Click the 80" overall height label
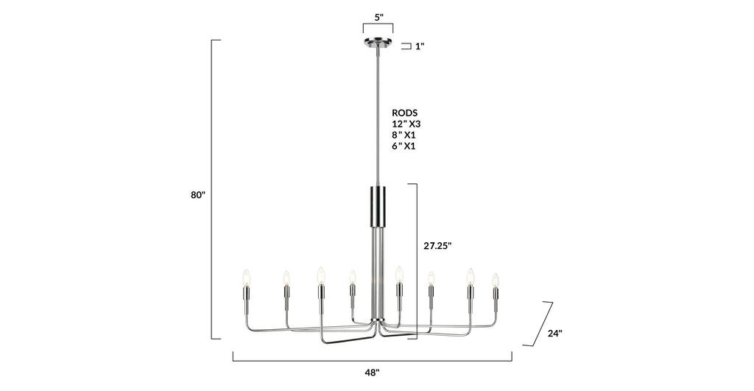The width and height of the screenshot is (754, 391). pyautogui.click(x=198, y=195)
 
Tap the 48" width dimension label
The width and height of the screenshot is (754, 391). pyautogui.click(x=373, y=373)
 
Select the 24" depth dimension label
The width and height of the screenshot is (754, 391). pyautogui.click(x=555, y=333)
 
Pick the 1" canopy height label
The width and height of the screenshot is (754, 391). pyautogui.click(x=420, y=46)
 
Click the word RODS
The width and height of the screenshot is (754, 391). pyautogui.click(x=404, y=113)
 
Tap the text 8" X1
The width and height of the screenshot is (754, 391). pyautogui.click(x=404, y=135)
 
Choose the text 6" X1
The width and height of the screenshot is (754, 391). pyautogui.click(x=404, y=146)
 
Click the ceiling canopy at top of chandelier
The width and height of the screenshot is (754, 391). pyautogui.click(x=378, y=43)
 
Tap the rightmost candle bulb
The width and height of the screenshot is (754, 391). pyautogui.click(x=496, y=280)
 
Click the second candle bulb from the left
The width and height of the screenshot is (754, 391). pyautogui.click(x=286, y=278)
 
